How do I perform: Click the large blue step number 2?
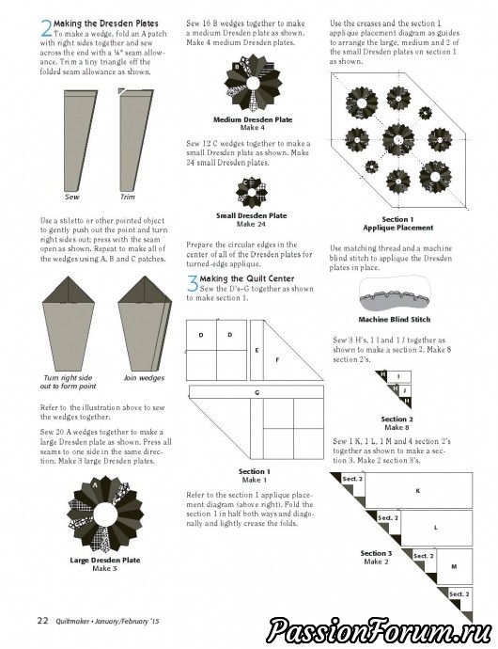pyautogui.click(x=46, y=28)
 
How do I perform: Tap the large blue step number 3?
pyautogui.click(x=193, y=284)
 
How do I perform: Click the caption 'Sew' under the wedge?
pyautogui.click(x=72, y=197)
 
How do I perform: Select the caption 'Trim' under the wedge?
pyautogui.click(x=128, y=197)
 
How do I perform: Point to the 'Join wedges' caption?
pyautogui.click(x=144, y=378)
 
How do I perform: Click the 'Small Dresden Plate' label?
pyautogui.click(x=252, y=215)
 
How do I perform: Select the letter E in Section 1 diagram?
pyautogui.click(x=257, y=351)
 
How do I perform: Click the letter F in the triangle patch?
pyautogui.click(x=277, y=360)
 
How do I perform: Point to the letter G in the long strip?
pyautogui.click(x=257, y=393)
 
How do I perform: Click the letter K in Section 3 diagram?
pyautogui.click(x=418, y=491)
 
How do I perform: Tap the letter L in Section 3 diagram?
pyautogui.click(x=436, y=528)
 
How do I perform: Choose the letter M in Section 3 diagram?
pyautogui.click(x=454, y=566)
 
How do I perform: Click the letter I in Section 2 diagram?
pyautogui.click(x=398, y=376)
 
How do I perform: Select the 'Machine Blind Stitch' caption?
pyautogui.click(x=395, y=320)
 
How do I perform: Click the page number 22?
pyautogui.click(x=43, y=621)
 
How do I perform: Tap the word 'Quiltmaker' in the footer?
pyautogui.click(x=73, y=622)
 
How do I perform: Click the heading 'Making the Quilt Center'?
pyautogui.click(x=247, y=278)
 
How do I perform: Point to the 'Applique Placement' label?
pyautogui.click(x=397, y=228)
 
